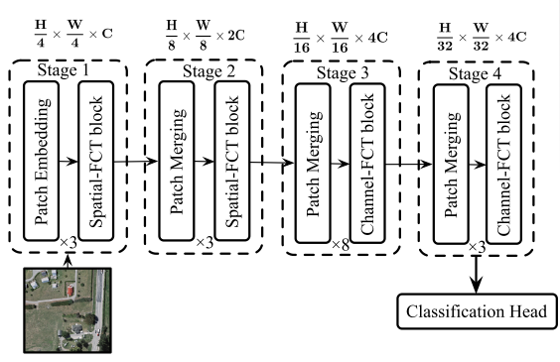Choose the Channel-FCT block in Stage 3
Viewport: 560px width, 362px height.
point(367,159)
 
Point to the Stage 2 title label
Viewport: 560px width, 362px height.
point(205,72)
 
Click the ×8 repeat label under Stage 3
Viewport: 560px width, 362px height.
point(341,242)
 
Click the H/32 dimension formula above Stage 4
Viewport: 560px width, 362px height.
point(478,37)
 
